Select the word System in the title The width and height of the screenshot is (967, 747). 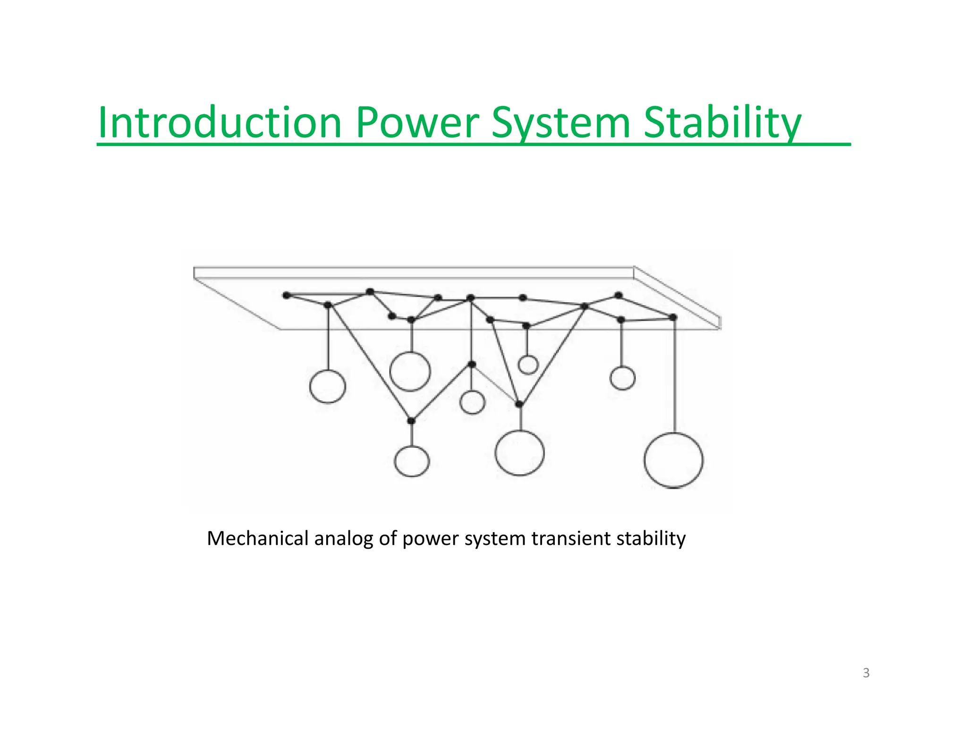coord(561,124)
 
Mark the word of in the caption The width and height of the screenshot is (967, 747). coord(387,538)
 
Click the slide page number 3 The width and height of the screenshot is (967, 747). coord(866,673)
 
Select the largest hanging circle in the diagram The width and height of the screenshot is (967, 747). coord(673,460)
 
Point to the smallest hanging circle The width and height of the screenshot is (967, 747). coord(528,365)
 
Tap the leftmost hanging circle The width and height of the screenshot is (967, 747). coord(328,386)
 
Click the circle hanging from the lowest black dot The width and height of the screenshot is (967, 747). coord(412,461)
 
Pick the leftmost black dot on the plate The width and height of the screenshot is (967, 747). coord(287,296)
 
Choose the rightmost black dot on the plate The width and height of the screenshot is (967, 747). coord(673,317)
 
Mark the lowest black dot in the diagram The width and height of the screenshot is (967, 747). coord(411,421)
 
